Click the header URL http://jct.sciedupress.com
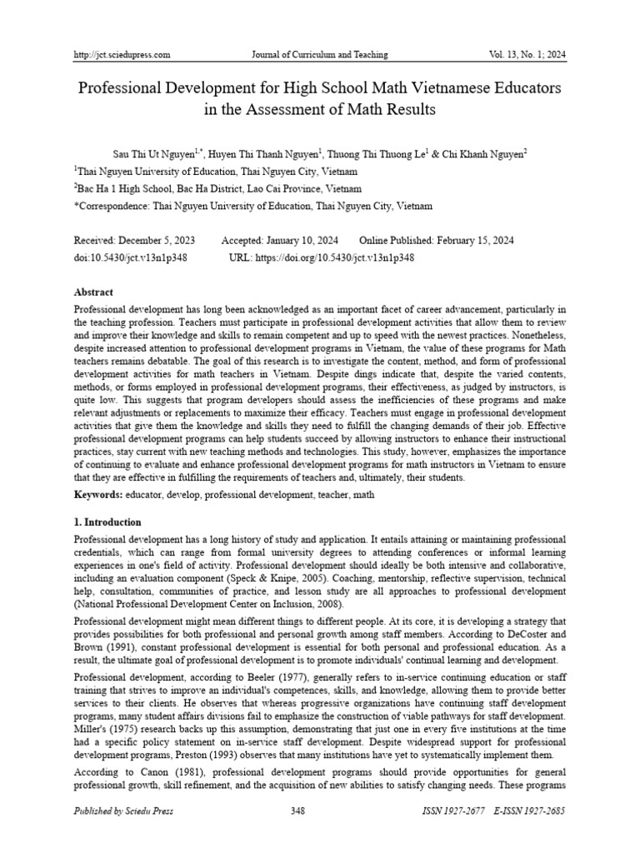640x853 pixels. pos(122,55)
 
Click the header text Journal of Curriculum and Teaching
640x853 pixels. pos(320,55)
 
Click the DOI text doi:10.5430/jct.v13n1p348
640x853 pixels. pos(130,257)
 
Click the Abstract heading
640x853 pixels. pos(93,292)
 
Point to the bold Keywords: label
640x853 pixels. pos(98,495)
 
